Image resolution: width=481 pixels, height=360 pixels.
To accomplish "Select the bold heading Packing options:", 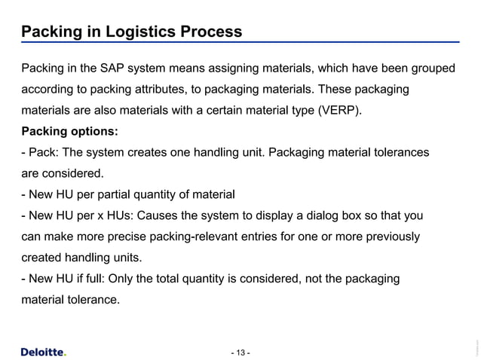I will pos(69,131).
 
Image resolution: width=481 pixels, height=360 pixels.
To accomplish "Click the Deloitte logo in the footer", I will pos(42,351).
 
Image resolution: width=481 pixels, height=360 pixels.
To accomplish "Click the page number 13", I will pos(240,352).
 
